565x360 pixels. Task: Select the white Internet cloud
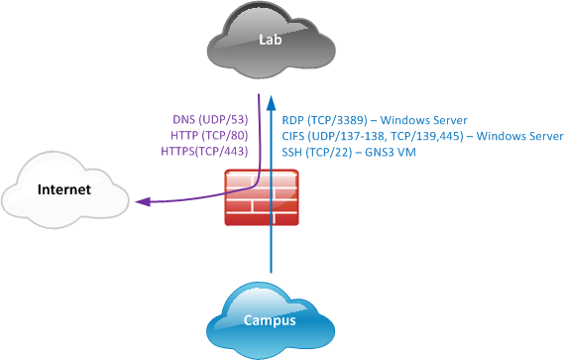point(64,189)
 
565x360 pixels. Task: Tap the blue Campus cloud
point(271,319)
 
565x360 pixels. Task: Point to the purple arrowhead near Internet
point(143,203)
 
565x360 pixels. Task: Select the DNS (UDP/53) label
point(209,119)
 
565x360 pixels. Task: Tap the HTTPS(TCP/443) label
point(203,152)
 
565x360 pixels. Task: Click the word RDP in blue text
point(292,119)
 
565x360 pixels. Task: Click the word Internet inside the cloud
point(64,189)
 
